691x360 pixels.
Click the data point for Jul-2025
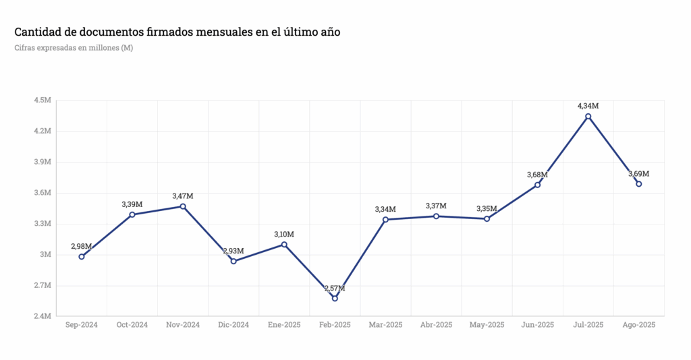(588, 117)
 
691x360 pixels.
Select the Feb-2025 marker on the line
(335, 298)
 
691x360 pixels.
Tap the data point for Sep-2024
(82, 256)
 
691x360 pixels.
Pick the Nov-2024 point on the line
(183, 206)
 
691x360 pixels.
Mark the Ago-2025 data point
(638, 183)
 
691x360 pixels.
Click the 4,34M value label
(588, 106)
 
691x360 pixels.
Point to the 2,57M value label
(335, 289)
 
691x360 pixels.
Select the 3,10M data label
(284, 234)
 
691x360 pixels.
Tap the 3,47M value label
(183, 196)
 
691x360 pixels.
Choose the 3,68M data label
(537, 175)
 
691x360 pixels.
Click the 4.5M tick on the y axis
(42, 100)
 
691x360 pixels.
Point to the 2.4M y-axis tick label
(42, 316)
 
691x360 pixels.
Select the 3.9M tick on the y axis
(42, 162)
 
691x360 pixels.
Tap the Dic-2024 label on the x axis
(233, 325)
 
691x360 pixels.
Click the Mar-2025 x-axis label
(385, 325)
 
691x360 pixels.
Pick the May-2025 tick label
(487, 325)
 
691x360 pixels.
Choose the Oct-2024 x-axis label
(132, 325)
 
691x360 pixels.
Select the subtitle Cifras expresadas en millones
(74, 48)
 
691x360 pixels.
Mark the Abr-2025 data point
(436, 216)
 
